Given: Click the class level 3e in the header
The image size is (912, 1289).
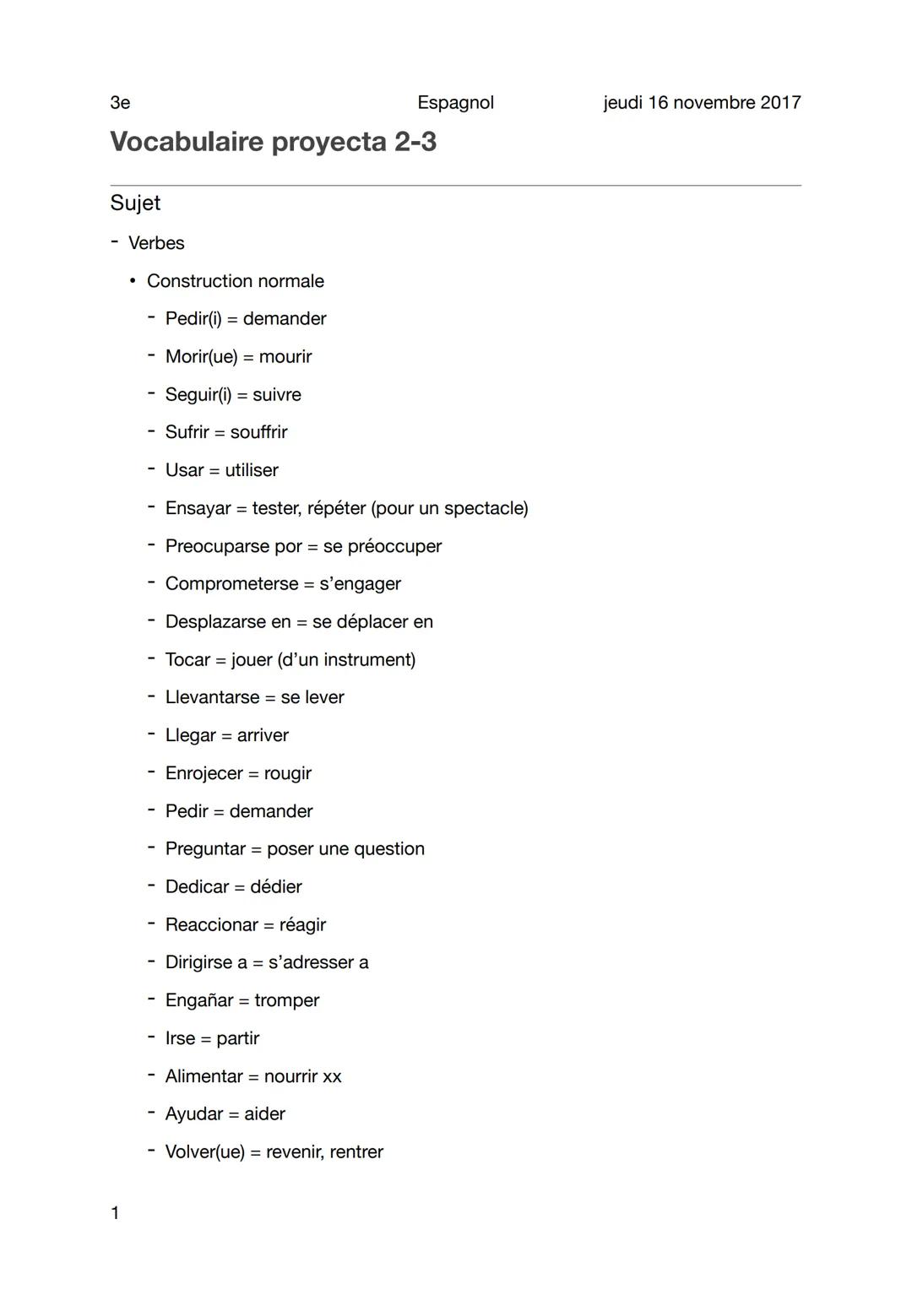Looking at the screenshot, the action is [120, 103].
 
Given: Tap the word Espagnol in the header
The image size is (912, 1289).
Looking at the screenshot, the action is [455, 103].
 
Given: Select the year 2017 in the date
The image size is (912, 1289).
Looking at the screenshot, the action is [780, 103].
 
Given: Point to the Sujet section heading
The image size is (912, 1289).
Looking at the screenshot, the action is [135, 203].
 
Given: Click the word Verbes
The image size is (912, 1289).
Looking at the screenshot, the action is [156, 243].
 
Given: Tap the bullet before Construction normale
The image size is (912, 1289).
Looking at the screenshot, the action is [133, 281].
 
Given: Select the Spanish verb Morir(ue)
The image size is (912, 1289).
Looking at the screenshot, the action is [201, 357].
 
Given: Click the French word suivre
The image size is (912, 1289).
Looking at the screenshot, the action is [277, 395].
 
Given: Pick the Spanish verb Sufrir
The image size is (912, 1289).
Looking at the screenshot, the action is [187, 432].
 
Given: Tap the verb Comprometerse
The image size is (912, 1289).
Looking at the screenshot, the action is [231, 584].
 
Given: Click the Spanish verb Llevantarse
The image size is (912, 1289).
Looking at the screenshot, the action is [212, 697].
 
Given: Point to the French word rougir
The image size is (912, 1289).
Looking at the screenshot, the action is [288, 773].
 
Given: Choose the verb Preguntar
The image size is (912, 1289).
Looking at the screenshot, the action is [205, 849].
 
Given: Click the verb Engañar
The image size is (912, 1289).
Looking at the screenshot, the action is [199, 1000].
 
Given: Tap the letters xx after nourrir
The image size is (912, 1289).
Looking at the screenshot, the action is [332, 1076].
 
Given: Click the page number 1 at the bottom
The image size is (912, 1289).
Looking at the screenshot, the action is [115, 1214].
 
